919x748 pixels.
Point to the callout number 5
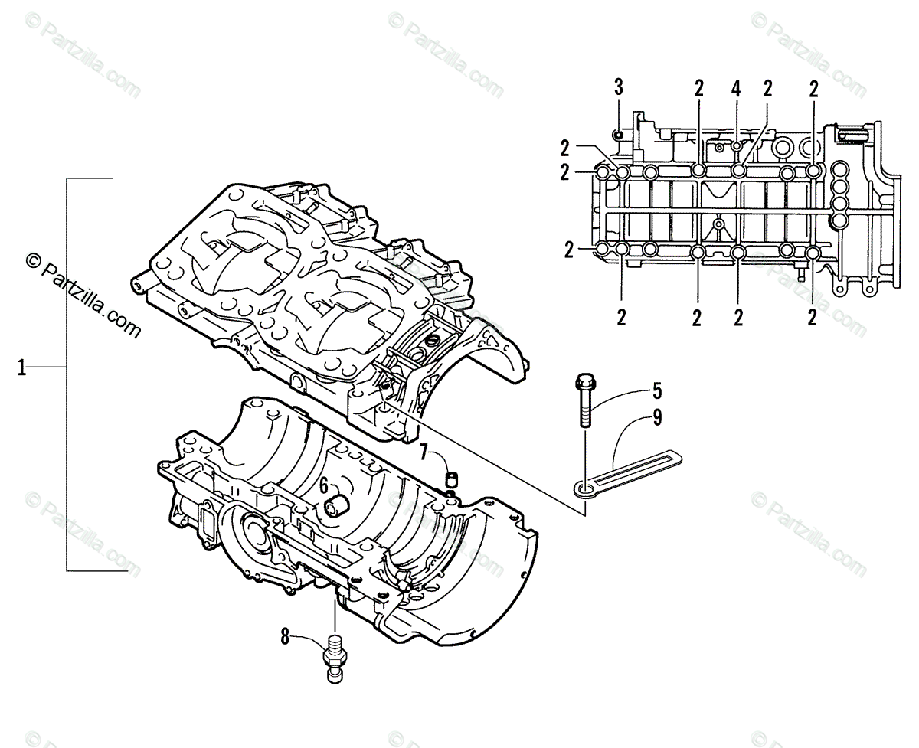656,391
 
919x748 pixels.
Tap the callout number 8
285,635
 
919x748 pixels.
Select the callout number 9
657,418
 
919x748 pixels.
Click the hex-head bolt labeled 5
584,403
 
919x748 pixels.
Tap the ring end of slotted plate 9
586,488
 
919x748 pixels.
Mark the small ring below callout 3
619,136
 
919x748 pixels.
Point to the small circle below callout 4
736,145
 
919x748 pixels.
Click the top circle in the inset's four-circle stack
839,168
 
